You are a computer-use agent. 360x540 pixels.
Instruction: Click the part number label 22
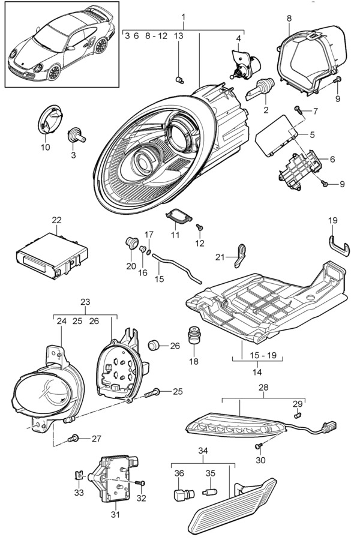pyautogui.click(x=56, y=220)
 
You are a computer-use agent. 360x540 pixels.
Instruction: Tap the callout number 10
pyautogui.click(x=46, y=148)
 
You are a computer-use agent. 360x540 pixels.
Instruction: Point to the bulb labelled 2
pyautogui.click(x=259, y=90)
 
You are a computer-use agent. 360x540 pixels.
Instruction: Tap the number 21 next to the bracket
pyautogui.click(x=220, y=257)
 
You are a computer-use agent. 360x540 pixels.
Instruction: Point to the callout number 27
pyautogui.click(x=96, y=439)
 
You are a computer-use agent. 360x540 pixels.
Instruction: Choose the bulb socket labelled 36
pyautogui.click(x=181, y=496)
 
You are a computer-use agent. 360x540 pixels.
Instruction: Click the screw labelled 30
pyautogui.click(x=259, y=446)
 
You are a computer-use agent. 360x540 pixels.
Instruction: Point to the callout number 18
pyautogui.click(x=194, y=361)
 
